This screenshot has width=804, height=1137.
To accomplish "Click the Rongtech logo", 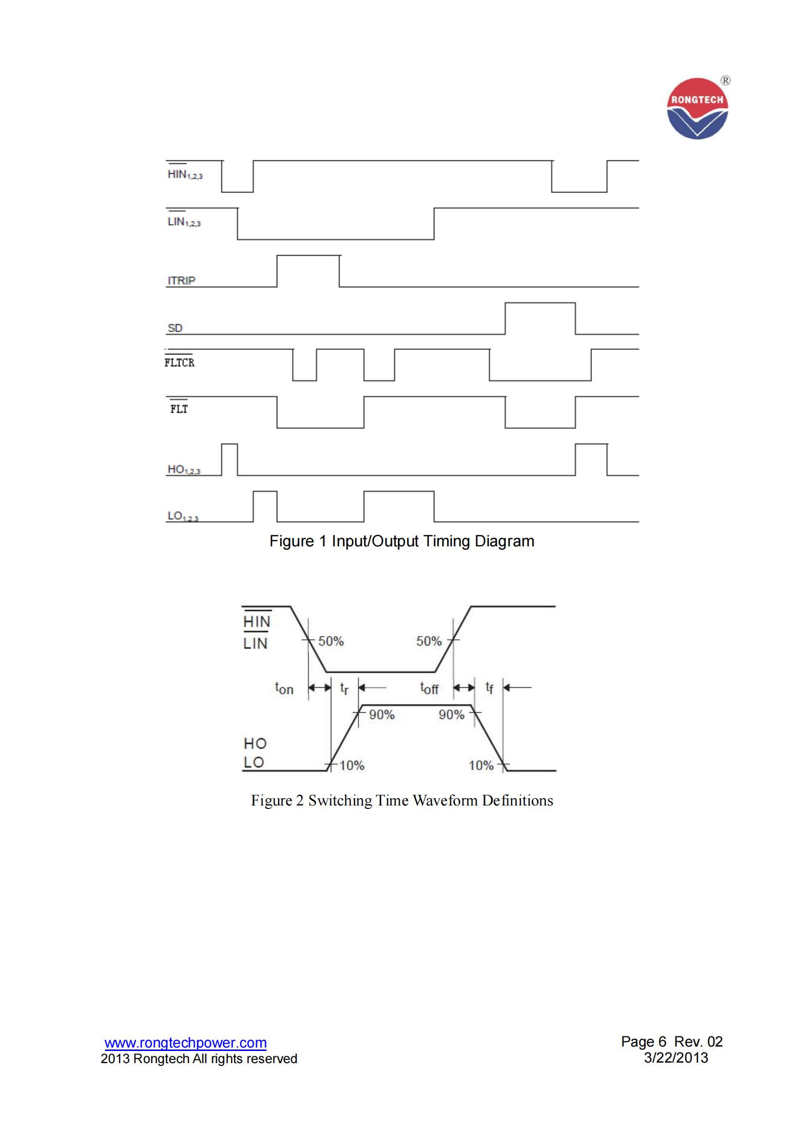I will (697, 109).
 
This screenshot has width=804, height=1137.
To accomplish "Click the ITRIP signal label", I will (181, 280).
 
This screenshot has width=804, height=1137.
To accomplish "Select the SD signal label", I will (175, 328).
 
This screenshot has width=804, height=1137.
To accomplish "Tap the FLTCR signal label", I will (179, 363).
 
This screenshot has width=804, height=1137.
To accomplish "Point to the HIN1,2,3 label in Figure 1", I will (184, 175).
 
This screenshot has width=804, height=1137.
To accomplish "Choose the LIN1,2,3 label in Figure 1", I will (184, 222).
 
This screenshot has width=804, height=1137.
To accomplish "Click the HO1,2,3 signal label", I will (184, 469).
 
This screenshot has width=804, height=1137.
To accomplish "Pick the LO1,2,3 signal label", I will (183, 516).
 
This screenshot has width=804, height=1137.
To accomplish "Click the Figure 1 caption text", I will (402, 541).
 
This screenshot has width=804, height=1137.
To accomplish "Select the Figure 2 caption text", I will (402, 800).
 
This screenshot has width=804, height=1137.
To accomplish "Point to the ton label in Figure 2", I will (285, 688).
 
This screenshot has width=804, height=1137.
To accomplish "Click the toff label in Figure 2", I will (429, 688).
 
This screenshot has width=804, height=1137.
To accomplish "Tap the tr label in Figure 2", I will (344, 688).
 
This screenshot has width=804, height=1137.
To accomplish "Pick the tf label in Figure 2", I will (489, 688).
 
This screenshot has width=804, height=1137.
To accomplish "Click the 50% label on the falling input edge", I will (330, 641).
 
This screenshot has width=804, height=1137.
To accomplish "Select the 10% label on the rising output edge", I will (352, 766).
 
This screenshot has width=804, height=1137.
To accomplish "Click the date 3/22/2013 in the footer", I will (676, 1058).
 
